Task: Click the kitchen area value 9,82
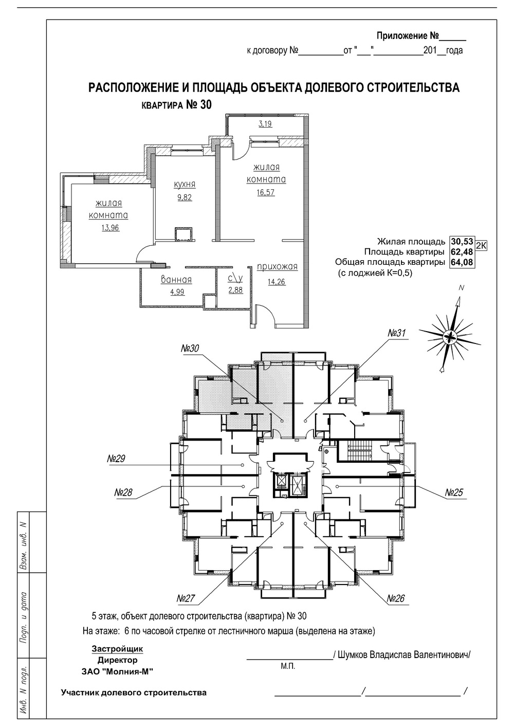185,197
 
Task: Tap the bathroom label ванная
176,280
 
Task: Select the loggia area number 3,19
265,124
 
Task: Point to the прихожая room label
277,267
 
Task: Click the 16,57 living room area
266,192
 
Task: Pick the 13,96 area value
111,228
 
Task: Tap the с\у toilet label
235,279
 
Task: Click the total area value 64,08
462,262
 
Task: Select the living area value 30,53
462,242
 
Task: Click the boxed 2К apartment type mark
481,246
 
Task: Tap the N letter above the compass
461,288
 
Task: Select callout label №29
116,459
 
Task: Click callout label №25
454,493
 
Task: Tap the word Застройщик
118,649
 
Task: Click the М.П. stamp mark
288,666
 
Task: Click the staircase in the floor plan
359,451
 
